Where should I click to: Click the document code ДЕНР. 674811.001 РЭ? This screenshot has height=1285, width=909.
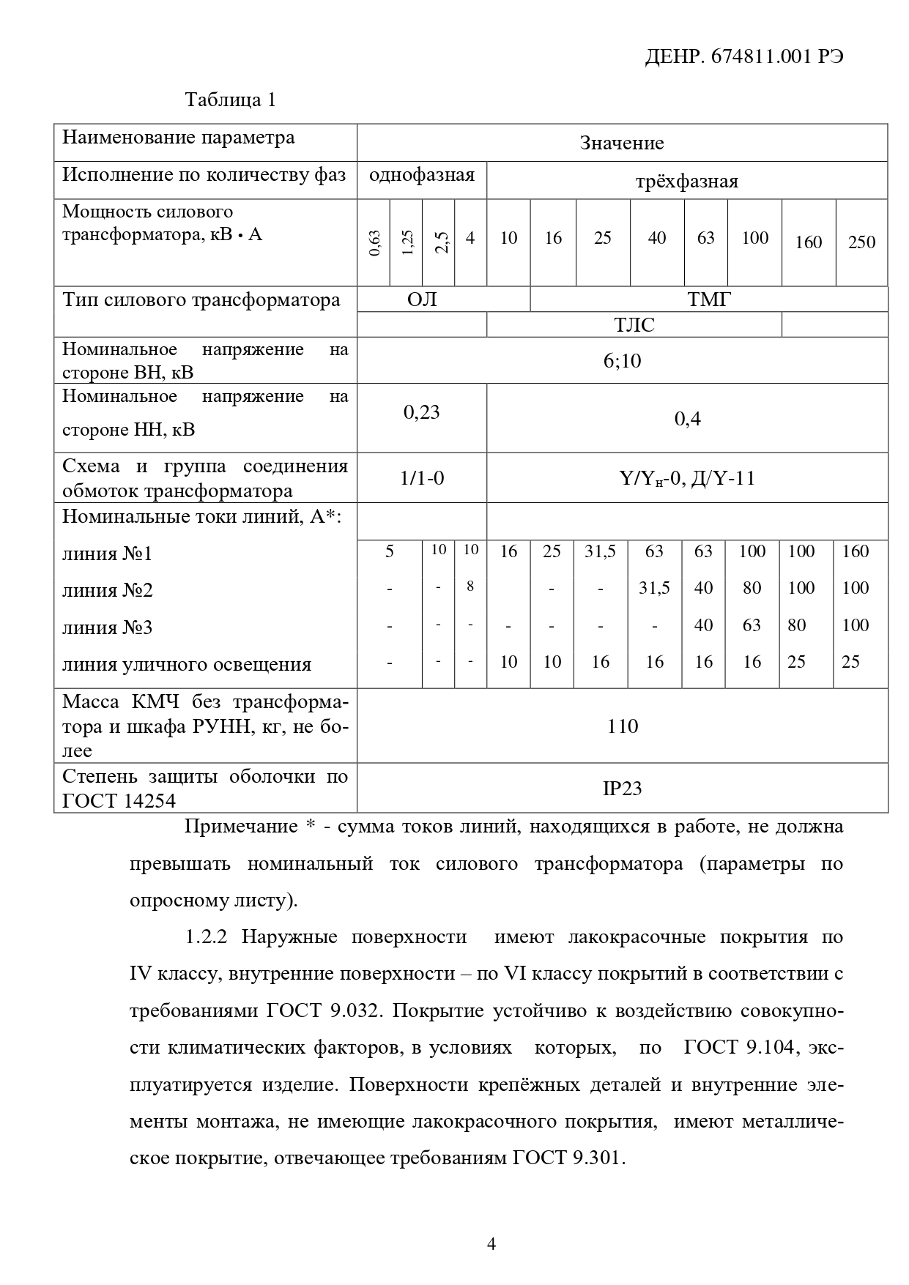[x=743, y=57]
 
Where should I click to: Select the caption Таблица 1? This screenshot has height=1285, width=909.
[x=231, y=100]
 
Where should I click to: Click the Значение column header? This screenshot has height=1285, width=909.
[x=622, y=143]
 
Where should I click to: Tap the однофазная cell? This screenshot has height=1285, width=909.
[x=422, y=175]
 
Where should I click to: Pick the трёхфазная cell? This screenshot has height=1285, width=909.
[x=686, y=182]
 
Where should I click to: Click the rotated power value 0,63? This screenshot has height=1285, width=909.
[x=374, y=242]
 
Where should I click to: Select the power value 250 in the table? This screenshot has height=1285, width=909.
[x=861, y=242]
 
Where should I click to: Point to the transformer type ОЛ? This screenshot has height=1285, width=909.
[x=422, y=299]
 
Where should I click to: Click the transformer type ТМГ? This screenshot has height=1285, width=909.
[x=708, y=299]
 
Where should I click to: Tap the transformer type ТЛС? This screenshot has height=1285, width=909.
[x=634, y=325]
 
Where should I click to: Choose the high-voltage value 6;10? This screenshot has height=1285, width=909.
[x=622, y=360]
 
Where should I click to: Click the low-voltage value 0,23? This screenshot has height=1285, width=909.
[x=422, y=412]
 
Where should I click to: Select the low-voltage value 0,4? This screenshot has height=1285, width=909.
[x=687, y=419]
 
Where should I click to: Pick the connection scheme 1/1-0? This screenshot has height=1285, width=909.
[x=422, y=479]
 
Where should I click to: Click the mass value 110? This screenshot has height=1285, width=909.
[x=622, y=726]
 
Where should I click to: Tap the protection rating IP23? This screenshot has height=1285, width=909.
[x=622, y=789]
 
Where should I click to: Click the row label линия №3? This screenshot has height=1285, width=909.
[x=108, y=628]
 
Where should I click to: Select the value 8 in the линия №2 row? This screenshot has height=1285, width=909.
[x=470, y=586]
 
